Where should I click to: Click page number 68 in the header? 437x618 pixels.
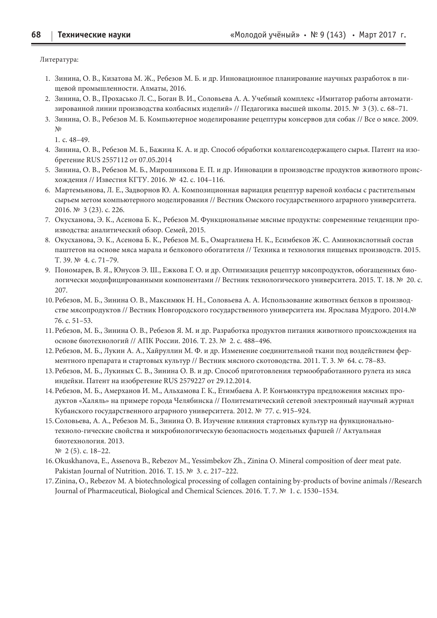pos(36,35)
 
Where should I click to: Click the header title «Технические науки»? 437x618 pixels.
pos(94,35)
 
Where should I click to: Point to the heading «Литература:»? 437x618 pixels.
pos(59,59)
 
